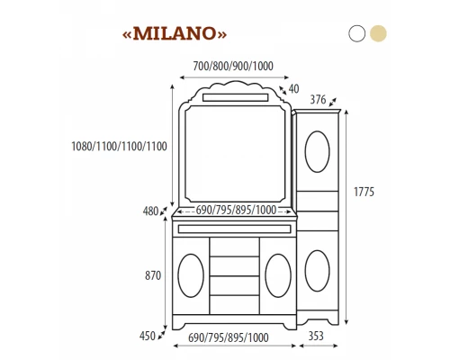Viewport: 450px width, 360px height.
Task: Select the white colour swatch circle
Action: [x=357, y=33]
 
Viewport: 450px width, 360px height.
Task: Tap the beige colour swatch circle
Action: [x=379, y=33]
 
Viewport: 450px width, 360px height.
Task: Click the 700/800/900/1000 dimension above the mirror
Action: [x=233, y=66]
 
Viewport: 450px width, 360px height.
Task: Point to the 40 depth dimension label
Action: [x=293, y=88]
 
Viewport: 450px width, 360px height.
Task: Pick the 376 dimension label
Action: [x=317, y=99]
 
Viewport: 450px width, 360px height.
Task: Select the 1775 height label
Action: [x=364, y=192]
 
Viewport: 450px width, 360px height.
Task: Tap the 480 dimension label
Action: [x=150, y=211]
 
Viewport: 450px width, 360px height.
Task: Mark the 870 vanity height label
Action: [x=153, y=275]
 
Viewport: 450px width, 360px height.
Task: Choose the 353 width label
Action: [x=316, y=336]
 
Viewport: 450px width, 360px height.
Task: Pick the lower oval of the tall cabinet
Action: [x=316, y=270]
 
